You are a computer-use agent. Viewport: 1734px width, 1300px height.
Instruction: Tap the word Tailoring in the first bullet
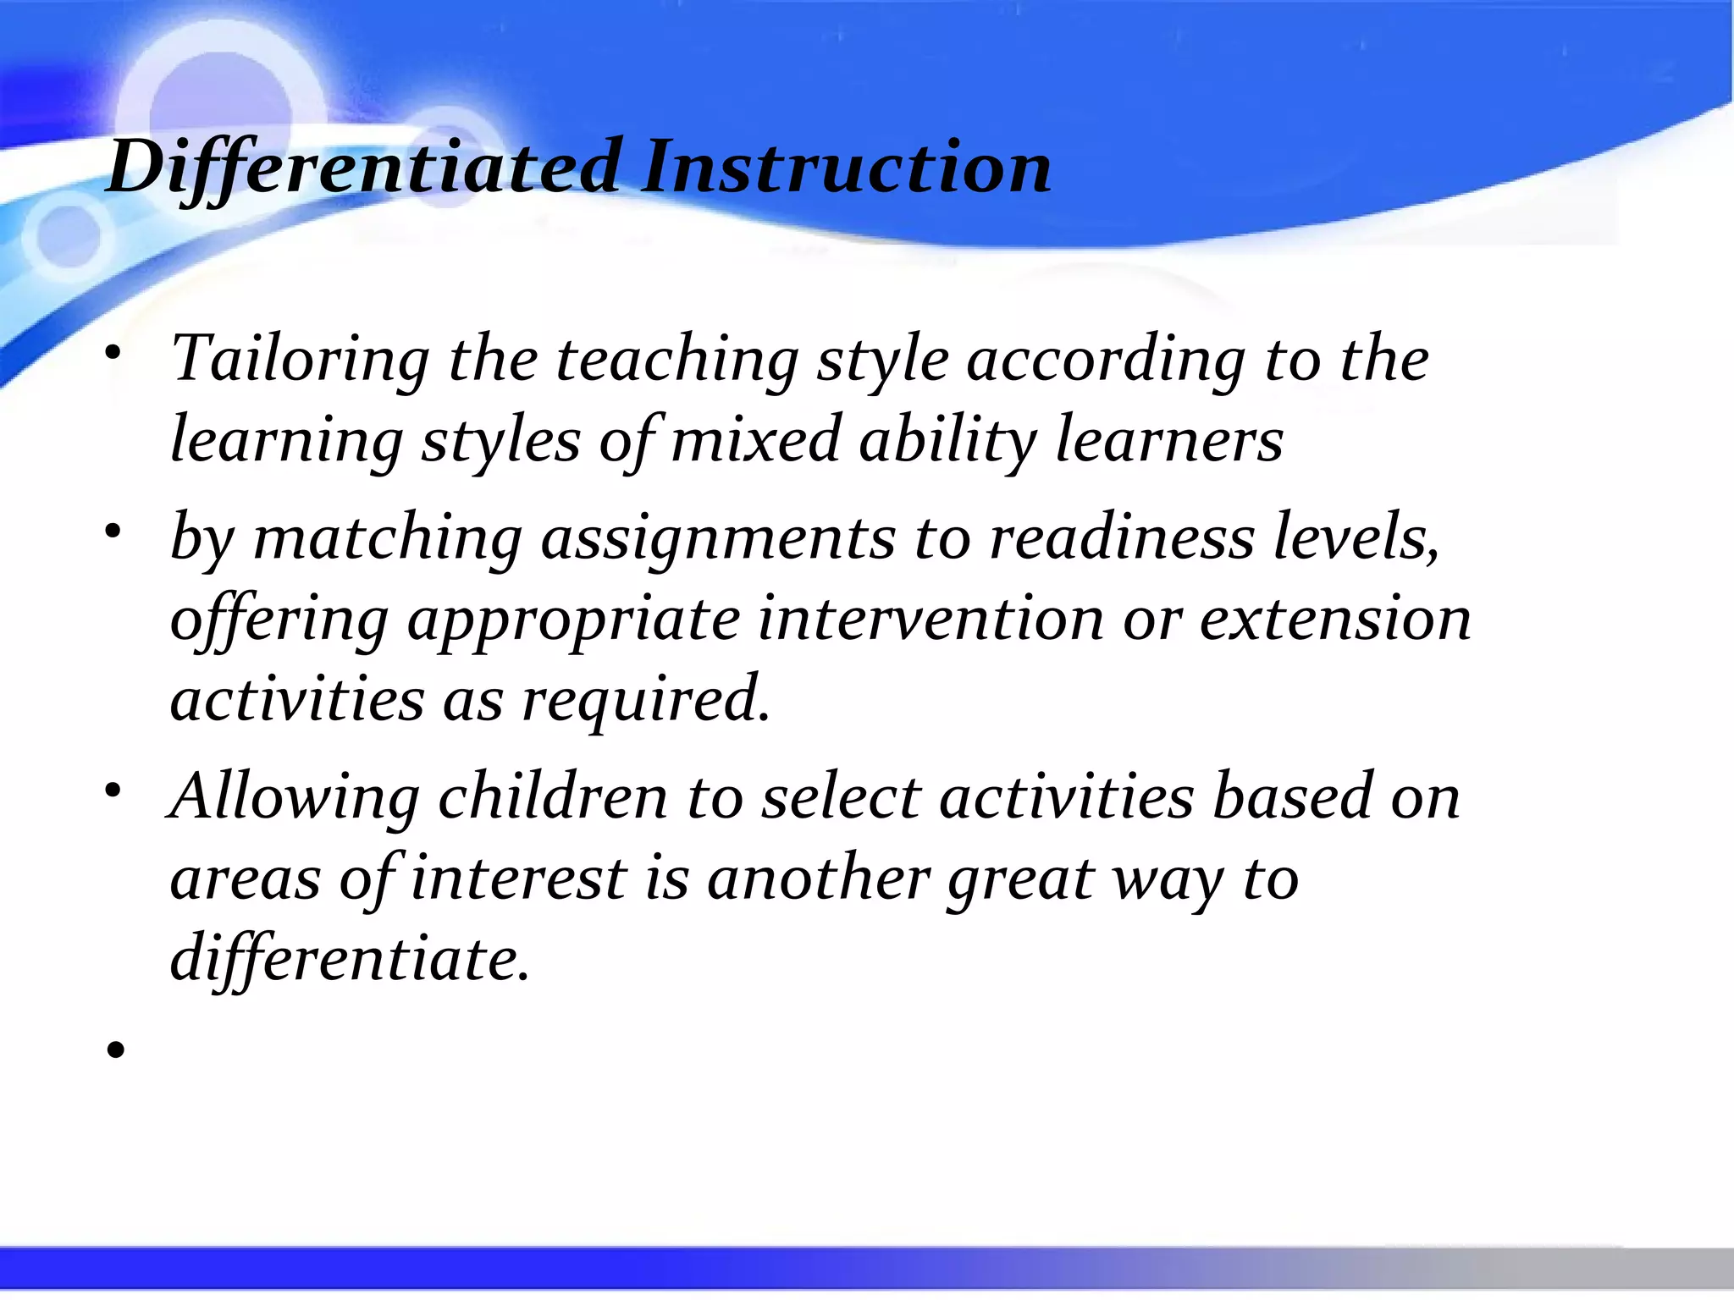coord(301,360)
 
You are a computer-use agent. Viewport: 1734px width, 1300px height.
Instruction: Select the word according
coord(1105,360)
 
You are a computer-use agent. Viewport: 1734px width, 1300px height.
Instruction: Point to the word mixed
coord(755,440)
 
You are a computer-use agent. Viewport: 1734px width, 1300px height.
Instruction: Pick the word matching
coord(388,538)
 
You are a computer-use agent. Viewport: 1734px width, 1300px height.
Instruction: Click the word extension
coord(1335,619)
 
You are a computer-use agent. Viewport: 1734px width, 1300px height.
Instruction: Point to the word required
coord(645,701)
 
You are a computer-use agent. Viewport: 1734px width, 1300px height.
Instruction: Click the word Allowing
coord(294,797)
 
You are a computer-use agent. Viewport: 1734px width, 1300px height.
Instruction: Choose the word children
coord(553,797)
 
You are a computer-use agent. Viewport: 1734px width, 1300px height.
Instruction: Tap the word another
coord(818,879)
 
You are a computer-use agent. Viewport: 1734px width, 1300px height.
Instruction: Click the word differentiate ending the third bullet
coord(349,959)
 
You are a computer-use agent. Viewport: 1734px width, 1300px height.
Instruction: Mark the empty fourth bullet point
coord(116,1050)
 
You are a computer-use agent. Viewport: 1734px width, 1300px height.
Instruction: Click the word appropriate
coord(573,619)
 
